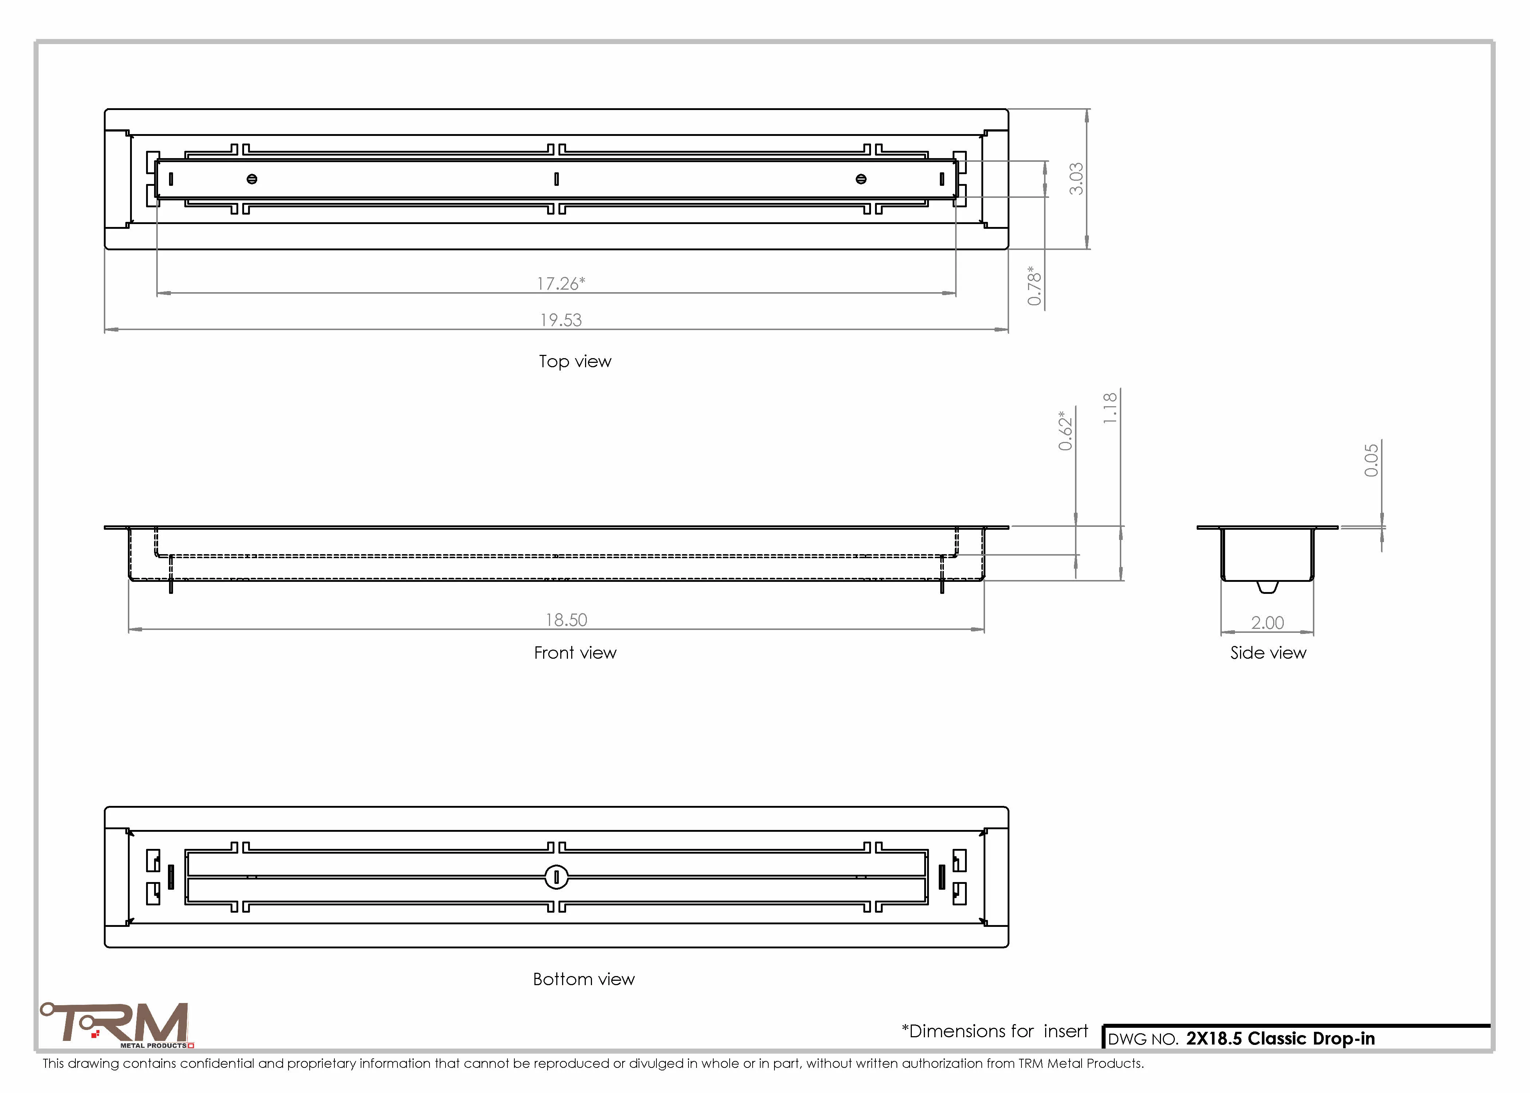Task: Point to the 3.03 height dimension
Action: pyautogui.click(x=1076, y=179)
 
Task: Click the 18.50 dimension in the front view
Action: pyautogui.click(x=566, y=620)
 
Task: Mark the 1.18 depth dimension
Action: pyautogui.click(x=1110, y=408)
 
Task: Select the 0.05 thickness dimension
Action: pyautogui.click(x=1371, y=461)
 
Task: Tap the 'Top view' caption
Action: pyautogui.click(x=575, y=361)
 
